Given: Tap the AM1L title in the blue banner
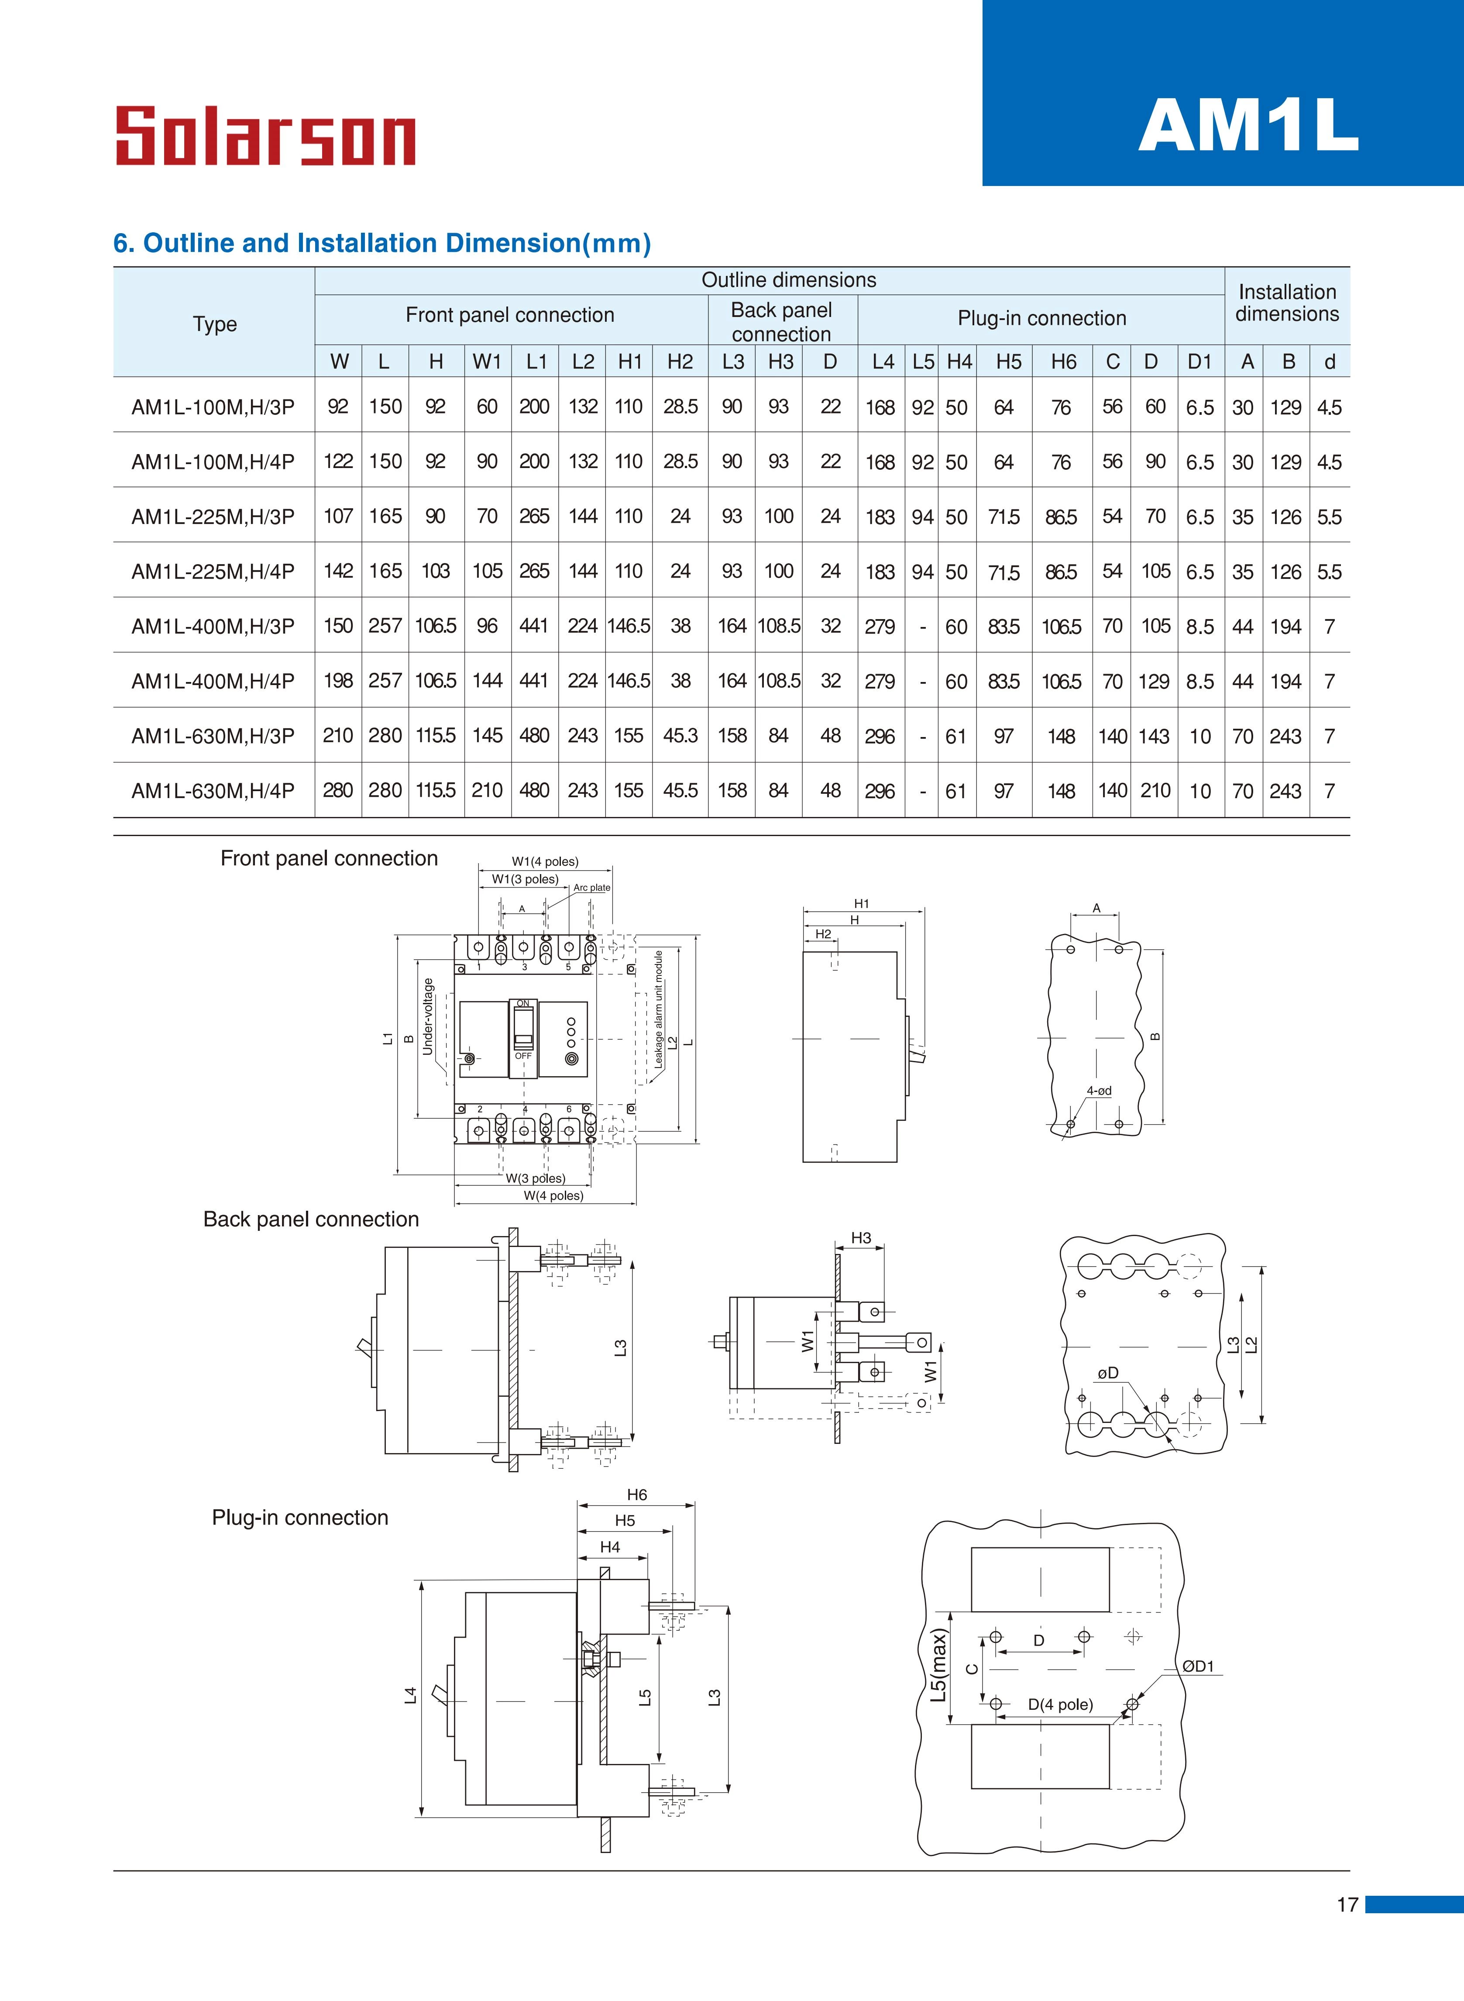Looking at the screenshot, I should coord(1248,125).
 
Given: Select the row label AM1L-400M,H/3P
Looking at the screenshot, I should coord(213,627).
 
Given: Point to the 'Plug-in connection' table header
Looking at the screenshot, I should coord(1041,318).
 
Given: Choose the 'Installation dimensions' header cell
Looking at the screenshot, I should coord(1287,303).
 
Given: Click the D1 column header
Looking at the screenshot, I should coord(1199,362).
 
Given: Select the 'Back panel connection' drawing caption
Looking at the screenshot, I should coord(311,1219).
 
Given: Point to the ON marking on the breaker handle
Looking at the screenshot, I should coord(523,1003).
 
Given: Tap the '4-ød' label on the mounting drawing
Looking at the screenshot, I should coord(1099,1091).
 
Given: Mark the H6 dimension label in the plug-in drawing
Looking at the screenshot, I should coord(636,1495).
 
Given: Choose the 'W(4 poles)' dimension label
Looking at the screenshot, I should coord(553,1195).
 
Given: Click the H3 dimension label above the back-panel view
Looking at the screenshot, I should coord(860,1238).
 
